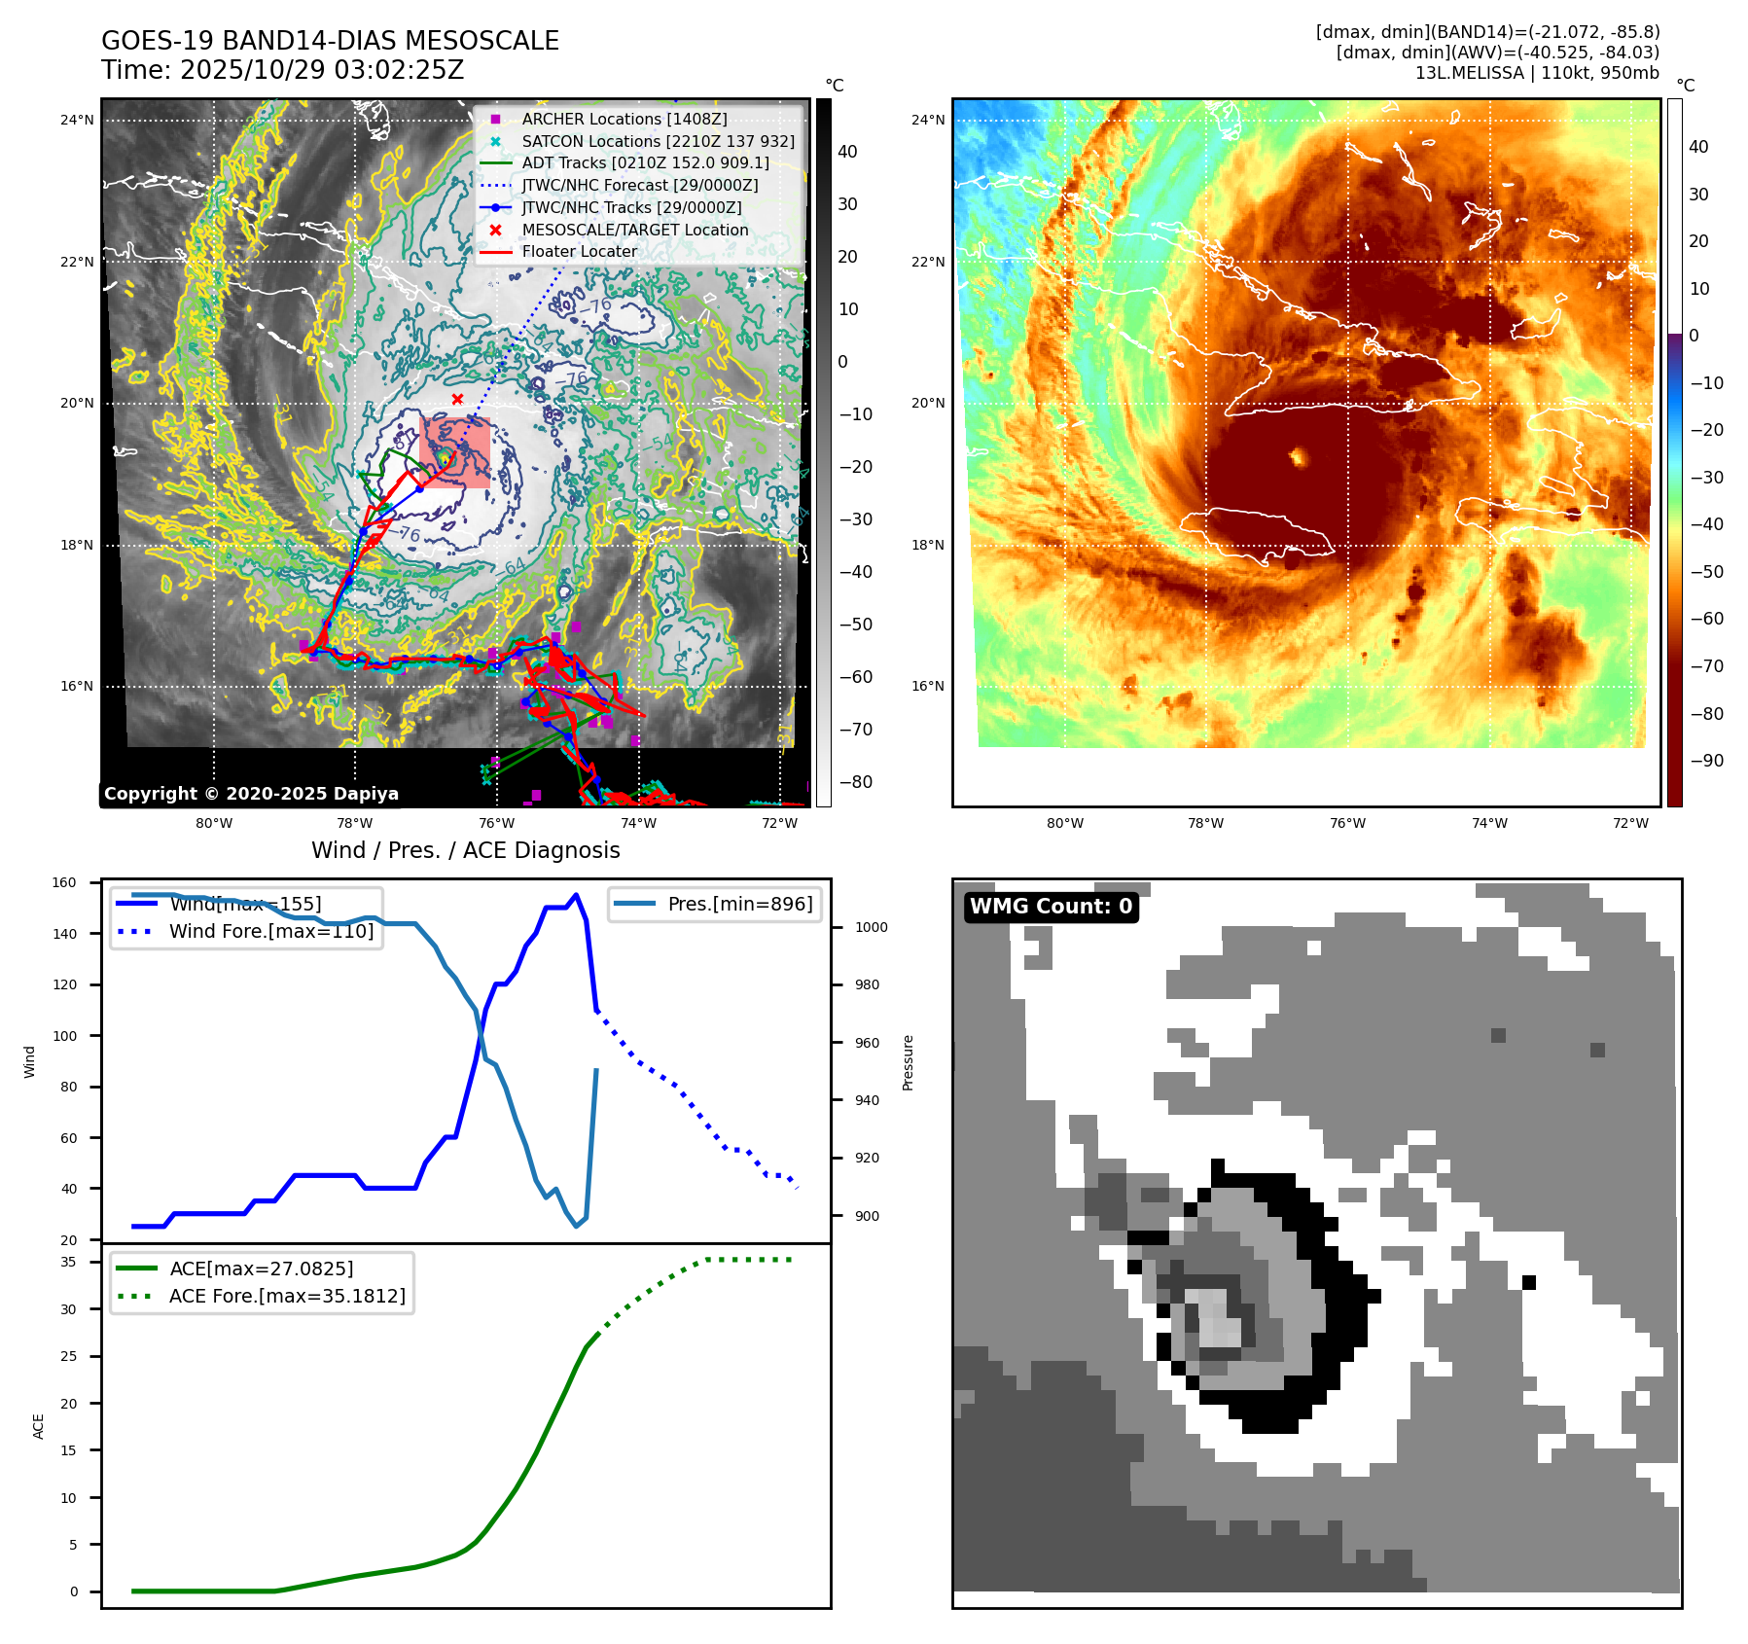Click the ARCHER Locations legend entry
click(x=624, y=119)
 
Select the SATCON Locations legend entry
click(x=658, y=141)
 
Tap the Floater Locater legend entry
click(x=579, y=251)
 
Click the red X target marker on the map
click(x=457, y=399)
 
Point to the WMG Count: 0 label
click(x=1051, y=907)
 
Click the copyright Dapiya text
click(x=251, y=794)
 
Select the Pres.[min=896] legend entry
click(x=739, y=904)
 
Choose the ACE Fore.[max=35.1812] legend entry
click(x=287, y=1296)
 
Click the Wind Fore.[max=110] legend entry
click(x=270, y=931)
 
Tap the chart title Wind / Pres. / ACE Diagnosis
click(x=465, y=850)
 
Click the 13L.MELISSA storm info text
click(x=1536, y=73)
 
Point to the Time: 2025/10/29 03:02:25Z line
click(x=282, y=70)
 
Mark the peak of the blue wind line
click(x=576, y=895)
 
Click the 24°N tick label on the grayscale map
click(x=77, y=121)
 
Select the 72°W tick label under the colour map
click(x=1630, y=823)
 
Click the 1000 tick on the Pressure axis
click(x=871, y=927)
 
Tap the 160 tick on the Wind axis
click(x=64, y=883)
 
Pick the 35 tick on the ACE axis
click(x=68, y=1262)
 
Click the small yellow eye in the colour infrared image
click(x=1298, y=455)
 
